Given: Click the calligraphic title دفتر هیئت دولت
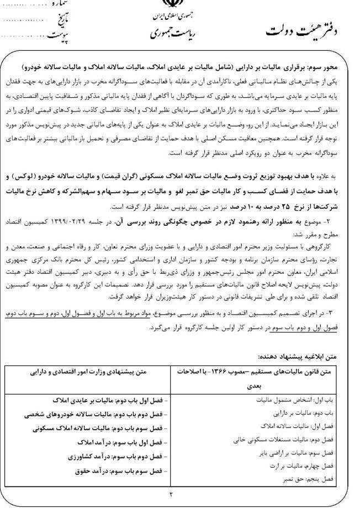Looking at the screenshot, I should [x=300, y=31].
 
